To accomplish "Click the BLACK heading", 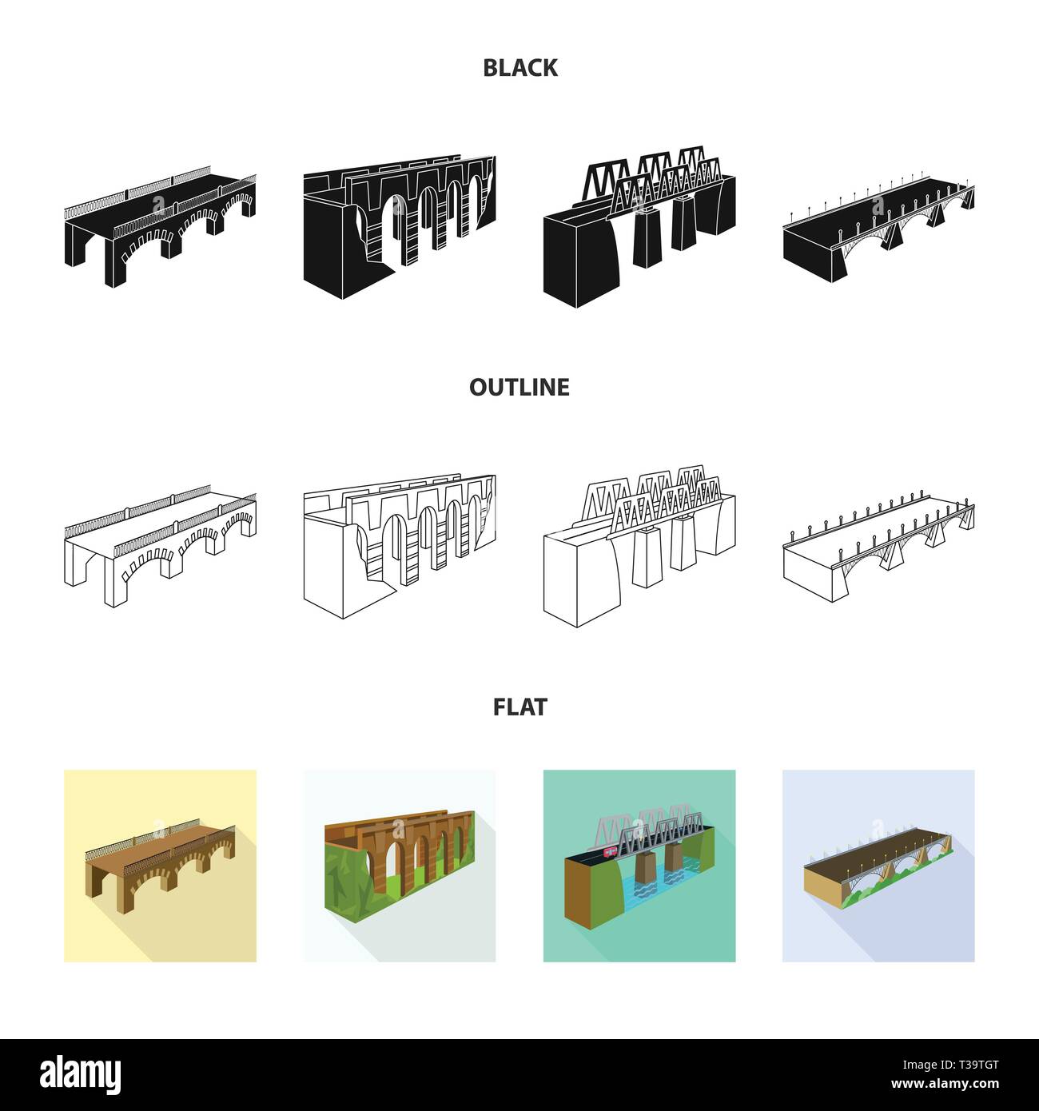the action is (519, 68).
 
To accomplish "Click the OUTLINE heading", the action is (519, 387).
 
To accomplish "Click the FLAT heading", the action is (519, 707).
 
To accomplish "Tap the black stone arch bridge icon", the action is (160, 226).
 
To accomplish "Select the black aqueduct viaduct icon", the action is (400, 227).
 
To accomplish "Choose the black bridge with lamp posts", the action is (878, 229).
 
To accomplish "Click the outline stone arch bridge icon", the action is (160, 546).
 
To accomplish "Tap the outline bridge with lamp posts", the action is (878, 549).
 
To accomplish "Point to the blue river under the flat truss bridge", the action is (659, 885).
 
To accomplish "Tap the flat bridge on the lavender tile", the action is (878, 866).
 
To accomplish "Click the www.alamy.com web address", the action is (945, 1084).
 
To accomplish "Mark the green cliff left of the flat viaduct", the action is (347, 868).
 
